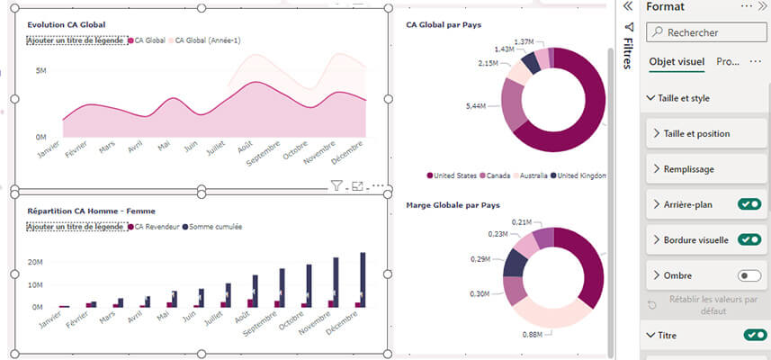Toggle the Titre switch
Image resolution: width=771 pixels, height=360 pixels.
point(756,335)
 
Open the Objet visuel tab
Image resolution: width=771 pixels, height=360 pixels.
point(676,62)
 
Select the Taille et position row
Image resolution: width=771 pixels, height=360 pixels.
point(696,133)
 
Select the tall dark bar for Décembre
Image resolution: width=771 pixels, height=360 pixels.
point(363,279)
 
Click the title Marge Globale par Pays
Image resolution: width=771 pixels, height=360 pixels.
point(453,205)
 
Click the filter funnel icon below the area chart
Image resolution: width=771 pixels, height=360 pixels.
point(336,186)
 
